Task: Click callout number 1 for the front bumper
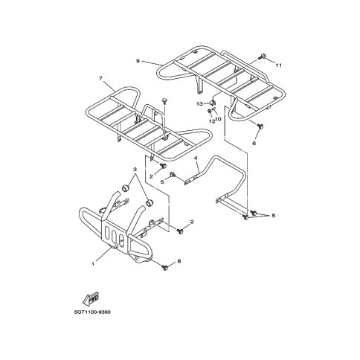pyautogui.click(x=93, y=264)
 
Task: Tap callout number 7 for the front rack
pyautogui.click(x=100, y=79)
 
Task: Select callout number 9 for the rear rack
pyautogui.click(x=138, y=61)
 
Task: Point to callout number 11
pyautogui.click(x=279, y=65)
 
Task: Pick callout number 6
pyautogui.click(x=254, y=143)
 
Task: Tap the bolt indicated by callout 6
pyautogui.click(x=260, y=126)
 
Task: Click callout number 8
pyautogui.click(x=179, y=261)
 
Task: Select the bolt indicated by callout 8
pyautogui.click(x=164, y=267)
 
